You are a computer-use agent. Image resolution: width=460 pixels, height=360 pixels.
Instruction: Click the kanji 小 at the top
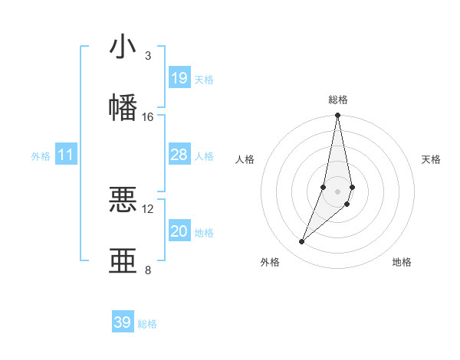click(123, 47)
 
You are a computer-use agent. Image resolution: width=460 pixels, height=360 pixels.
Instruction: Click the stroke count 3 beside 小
click(147, 56)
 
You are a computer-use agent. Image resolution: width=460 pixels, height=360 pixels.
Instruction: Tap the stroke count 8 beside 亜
click(147, 270)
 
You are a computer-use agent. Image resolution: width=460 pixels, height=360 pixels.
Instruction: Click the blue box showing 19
click(179, 78)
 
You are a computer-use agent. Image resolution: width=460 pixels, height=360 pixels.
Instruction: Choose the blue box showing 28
click(179, 155)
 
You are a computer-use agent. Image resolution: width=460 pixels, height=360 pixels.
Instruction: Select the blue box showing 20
click(179, 231)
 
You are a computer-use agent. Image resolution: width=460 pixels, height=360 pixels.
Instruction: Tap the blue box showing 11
click(66, 155)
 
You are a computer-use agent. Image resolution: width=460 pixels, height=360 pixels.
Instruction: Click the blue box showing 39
click(123, 322)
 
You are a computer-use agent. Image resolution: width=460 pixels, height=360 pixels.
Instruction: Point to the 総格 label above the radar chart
click(338, 100)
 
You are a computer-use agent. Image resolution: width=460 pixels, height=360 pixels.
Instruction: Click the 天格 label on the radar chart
click(432, 159)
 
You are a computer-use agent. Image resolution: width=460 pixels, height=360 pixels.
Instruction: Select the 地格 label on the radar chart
click(402, 262)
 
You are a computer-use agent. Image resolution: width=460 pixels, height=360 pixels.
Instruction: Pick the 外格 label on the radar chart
click(270, 262)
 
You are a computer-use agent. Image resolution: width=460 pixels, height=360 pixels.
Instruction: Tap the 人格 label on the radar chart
click(245, 159)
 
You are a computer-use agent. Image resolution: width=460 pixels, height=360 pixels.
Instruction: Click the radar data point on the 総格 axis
click(338, 116)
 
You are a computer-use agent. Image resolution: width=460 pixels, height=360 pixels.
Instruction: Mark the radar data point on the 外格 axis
click(302, 241)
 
